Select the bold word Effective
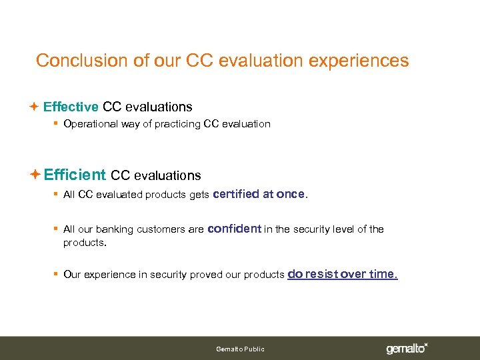pos(71,107)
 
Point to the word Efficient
pos(75,175)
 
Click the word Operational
pos(91,124)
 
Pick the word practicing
pos(178,124)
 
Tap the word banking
pos(114,229)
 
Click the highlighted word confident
pos(234,229)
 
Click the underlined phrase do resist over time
pos(342,274)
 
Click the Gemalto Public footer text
pos(240,349)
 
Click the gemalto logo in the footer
pos(407,348)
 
